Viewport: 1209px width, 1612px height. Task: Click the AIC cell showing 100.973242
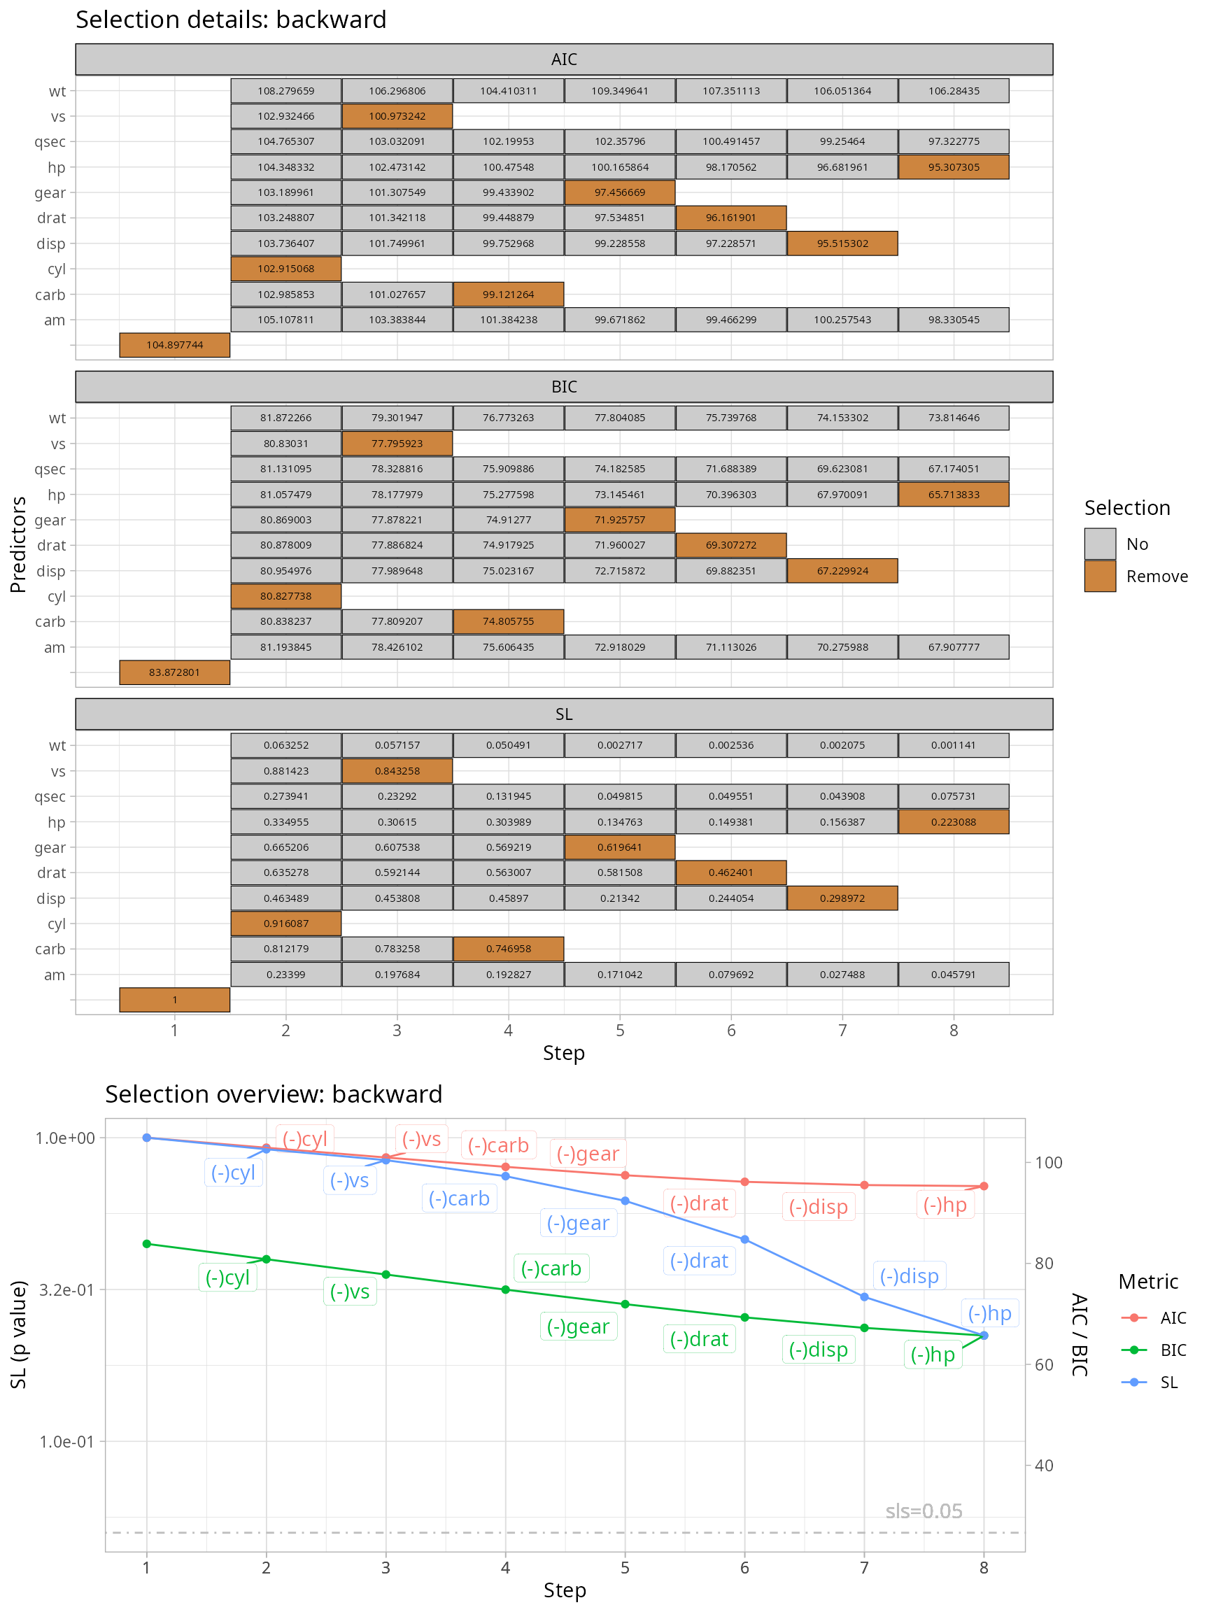pos(397,116)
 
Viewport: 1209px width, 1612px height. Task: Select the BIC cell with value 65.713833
pos(953,494)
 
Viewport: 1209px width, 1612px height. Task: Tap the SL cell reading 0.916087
pos(285,924)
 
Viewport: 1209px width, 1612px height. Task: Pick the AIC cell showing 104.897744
pos(174,345)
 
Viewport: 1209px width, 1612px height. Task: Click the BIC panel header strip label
pos(563,387)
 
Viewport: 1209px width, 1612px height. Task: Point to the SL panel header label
pos(563,714)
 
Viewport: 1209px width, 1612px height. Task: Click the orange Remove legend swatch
pos(1100,576)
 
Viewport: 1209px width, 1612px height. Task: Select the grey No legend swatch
pos(1100,544)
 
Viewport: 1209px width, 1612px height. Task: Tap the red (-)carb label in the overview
pos(498,1145)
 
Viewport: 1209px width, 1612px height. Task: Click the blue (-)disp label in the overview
pos(909,1275)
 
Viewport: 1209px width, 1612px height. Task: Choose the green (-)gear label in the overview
pos(578,1326)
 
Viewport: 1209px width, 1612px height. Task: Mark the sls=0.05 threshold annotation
pos(924,1511)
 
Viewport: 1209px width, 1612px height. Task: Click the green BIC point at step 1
pos(146,1243)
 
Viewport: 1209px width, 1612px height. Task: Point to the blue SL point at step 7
pos(864,1296)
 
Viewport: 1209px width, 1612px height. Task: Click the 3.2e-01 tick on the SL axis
pos(66,1289)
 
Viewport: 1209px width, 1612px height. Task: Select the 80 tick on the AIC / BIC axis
pos(1044,1263)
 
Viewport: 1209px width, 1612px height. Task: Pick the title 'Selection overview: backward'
pos(274,1094)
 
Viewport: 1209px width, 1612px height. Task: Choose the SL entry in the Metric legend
pos(1168,1382)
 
